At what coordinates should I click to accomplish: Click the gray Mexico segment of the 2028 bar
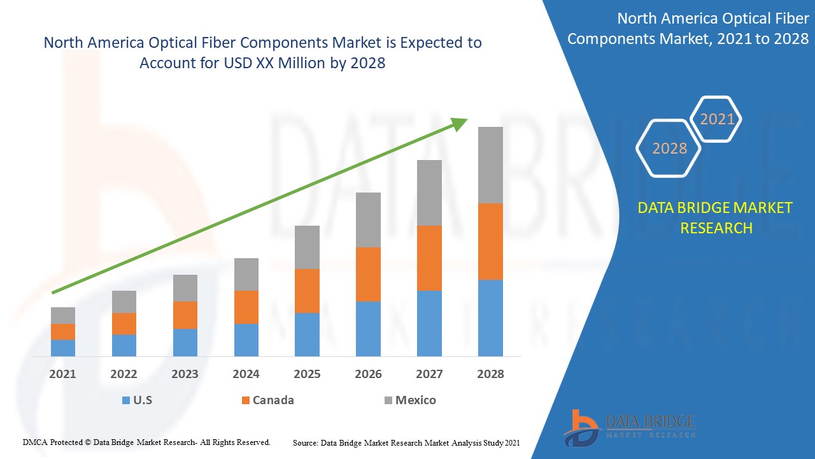[490, 165]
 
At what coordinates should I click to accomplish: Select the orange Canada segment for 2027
[429, 258]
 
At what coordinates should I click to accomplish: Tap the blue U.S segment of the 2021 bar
[63, 348]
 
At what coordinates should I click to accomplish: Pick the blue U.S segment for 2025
[307, 335]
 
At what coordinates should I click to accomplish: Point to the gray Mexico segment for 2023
[185, 288]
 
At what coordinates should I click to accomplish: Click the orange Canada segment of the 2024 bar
[246, 307]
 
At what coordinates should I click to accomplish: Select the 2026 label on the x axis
[368, 374]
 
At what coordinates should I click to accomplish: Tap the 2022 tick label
[124, 374]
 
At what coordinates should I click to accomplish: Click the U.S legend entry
[137, 400]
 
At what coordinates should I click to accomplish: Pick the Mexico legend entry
[410, 400]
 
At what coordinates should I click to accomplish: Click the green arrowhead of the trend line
[460, 123]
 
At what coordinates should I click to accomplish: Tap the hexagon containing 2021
[716, 119]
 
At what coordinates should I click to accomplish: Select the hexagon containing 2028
[669, 149]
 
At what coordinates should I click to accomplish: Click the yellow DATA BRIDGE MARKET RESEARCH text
[716, 217]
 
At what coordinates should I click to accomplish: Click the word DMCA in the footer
[36, 442]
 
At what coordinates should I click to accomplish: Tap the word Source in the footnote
[305, 442]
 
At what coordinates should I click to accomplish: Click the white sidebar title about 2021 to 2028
[688, 29]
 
